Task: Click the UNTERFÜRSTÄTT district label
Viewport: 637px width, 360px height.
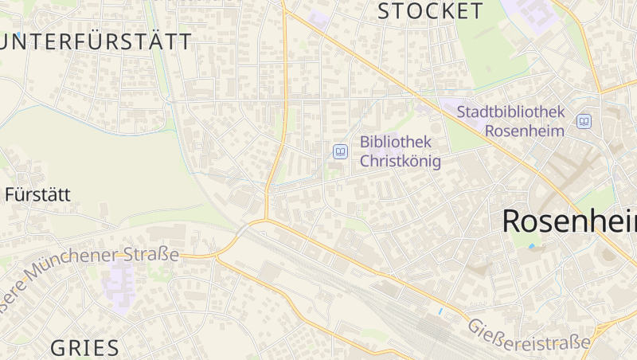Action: point(96,42)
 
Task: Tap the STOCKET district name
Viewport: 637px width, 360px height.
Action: point(430,11)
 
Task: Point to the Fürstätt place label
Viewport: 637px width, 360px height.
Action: point(37,194)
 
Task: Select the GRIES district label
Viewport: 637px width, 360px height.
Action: point(85,347)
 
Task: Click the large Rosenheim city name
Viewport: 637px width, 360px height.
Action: point(569,221)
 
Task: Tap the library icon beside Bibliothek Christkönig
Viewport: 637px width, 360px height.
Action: point(340,151)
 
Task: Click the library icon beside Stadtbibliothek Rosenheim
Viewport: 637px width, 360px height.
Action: point(584,121)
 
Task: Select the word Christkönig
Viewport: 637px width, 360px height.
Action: point(400,160)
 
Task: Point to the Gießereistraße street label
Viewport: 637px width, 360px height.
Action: point(528,333)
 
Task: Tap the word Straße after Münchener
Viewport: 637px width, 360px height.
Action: point(151,255)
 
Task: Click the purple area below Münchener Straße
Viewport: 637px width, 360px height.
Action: point(119,283)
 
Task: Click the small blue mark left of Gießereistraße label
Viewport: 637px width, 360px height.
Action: point(440,310)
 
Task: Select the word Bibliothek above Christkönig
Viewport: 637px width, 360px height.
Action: point(396,142)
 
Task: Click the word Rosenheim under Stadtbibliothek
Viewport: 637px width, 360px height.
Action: point(525,131)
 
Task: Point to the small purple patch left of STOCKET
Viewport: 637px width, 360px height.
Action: point(319,19)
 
